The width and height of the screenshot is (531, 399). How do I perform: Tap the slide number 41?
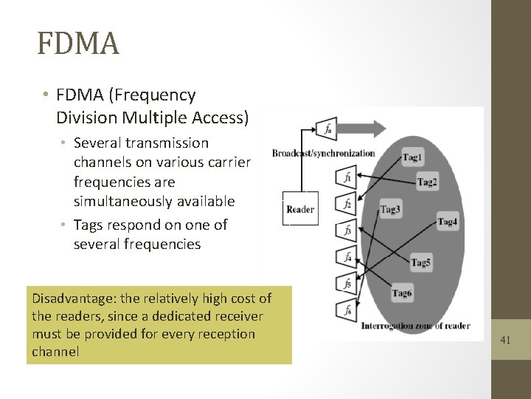(505, 340)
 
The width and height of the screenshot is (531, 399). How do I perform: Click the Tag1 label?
(413, 157)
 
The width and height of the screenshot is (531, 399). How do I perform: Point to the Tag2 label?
(427, 183)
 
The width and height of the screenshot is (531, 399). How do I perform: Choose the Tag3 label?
(390, 209)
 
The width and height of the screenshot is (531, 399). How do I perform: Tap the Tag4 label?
(448, 222)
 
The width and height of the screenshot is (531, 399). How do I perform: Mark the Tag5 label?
(421, 262)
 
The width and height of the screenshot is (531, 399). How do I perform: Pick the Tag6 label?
(402, 293)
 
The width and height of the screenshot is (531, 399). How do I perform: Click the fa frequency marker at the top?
(326, 129)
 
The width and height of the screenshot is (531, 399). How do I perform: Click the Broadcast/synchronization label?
(323, 154)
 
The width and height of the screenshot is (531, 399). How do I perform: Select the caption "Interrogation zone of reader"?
(415, 326)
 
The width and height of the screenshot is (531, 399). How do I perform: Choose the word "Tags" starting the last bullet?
(89, 225)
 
